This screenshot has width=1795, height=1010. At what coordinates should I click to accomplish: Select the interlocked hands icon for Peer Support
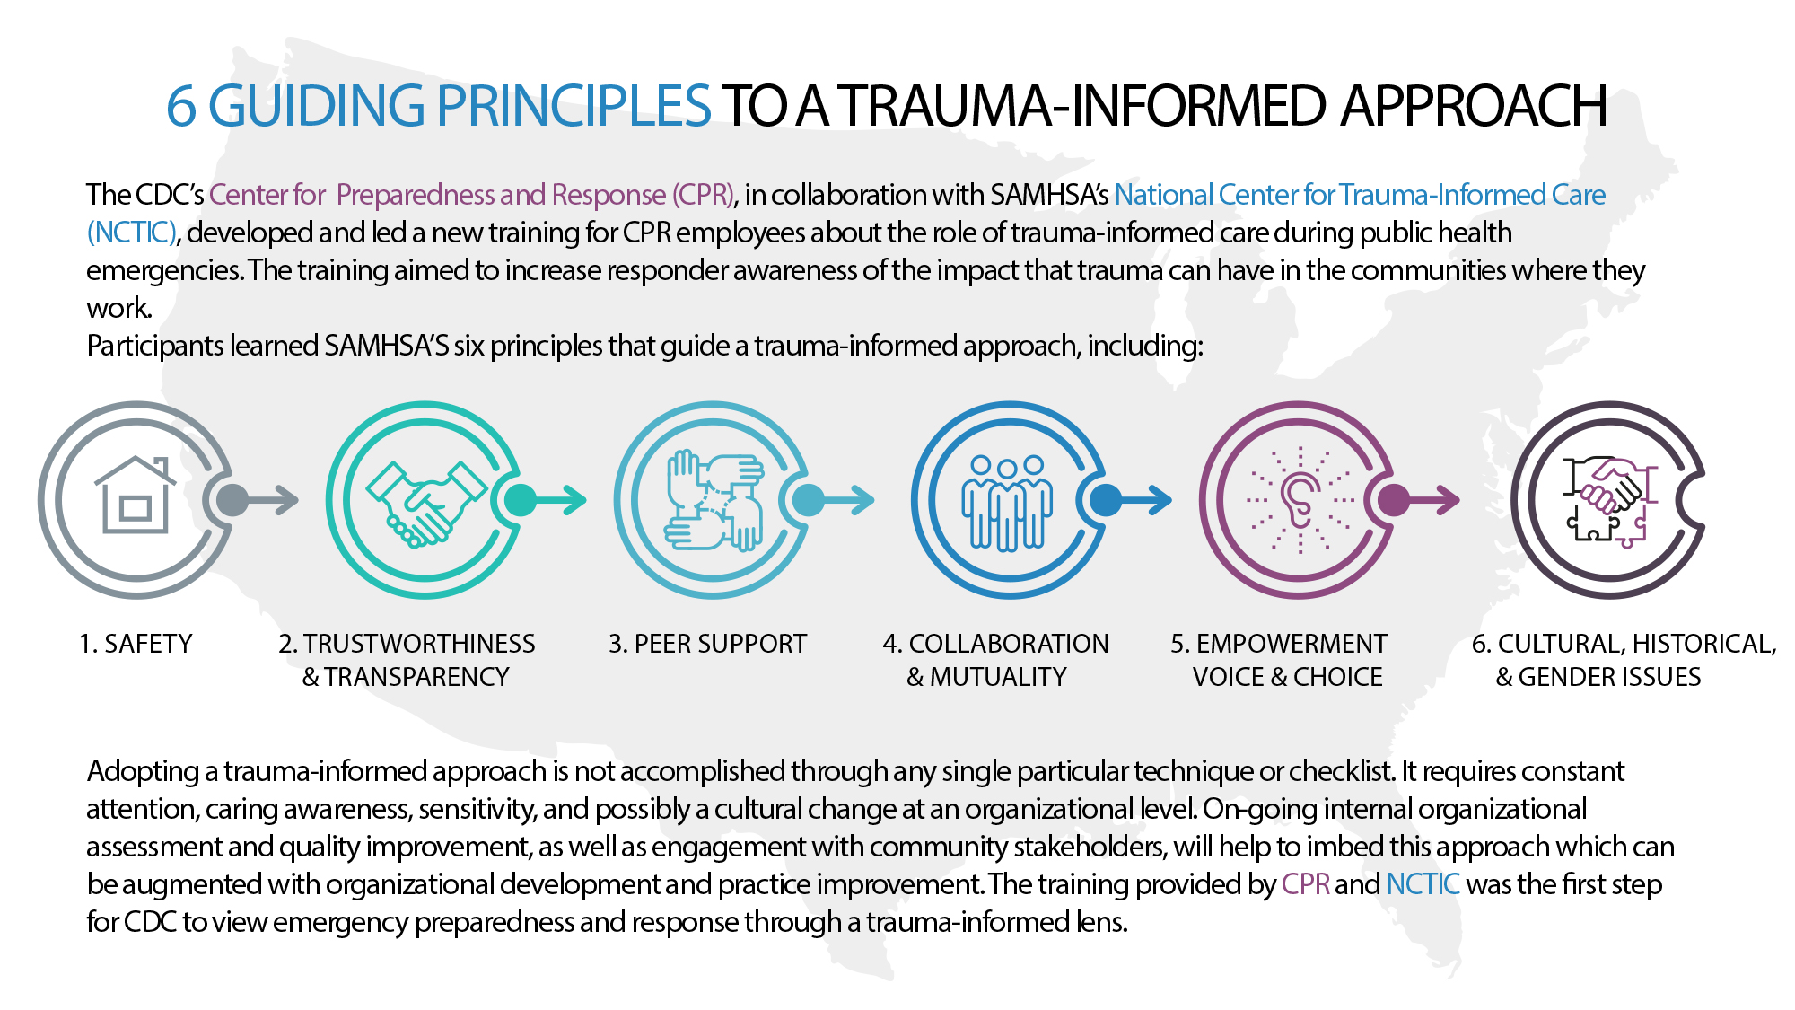coord(714,500)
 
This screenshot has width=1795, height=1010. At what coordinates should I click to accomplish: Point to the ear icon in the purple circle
coord(1298,500)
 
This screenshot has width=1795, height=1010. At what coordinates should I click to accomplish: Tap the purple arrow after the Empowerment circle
coord(1433,500)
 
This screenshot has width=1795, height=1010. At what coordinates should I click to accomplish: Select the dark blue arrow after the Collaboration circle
coord(1145,500)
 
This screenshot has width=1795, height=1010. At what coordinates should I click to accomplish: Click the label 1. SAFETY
coord(136,644)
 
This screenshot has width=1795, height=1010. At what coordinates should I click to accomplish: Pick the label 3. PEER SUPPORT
coord(707,644)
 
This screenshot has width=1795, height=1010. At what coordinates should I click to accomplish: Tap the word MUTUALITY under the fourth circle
coord(998,677)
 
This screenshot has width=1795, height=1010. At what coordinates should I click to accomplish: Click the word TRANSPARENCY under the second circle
coord(416,677)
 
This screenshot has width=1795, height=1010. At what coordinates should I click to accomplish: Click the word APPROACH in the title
coord(1473,106)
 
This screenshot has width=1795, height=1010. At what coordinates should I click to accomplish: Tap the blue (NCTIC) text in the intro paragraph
coord(131,233)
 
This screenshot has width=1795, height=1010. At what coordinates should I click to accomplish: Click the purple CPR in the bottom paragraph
coord(1305,884)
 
